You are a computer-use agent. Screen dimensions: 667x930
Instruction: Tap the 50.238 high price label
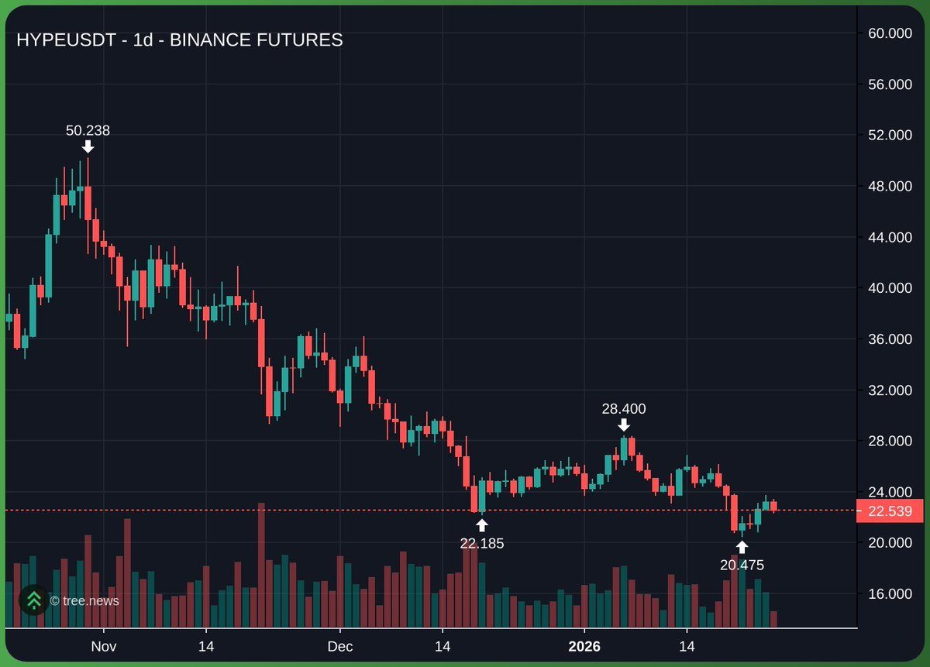pyautogui.click(x=88, y=130)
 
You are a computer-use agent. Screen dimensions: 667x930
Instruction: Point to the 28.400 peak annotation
pyautogui.click(x=623, y=408)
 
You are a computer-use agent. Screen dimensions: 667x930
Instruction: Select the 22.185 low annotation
pyautogui.click(x=481, y=543)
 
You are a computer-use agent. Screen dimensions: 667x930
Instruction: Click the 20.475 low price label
pyautogui.click(x=742, y=565)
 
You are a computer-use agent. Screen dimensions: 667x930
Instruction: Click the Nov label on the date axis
pyautogui.click(x=103, y=646)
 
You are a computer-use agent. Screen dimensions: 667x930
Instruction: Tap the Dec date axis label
pyautogui.click(x=339, y=646)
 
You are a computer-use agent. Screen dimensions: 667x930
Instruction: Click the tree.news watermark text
pyautogui.click(x=84, y=600)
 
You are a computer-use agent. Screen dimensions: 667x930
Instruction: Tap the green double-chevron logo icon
pyautogui.click(x=33, y=600)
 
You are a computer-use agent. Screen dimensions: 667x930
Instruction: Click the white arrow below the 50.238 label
pyautogui.click(x=88, y=146)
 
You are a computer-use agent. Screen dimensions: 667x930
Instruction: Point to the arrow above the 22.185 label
pyautogui.click(x=481, y=525)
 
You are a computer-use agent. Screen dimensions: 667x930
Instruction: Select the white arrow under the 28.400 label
pyautogui.click(x=623, y=425)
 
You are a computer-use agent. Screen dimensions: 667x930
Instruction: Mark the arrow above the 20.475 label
pyautogui.click(x=742, y=547)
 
